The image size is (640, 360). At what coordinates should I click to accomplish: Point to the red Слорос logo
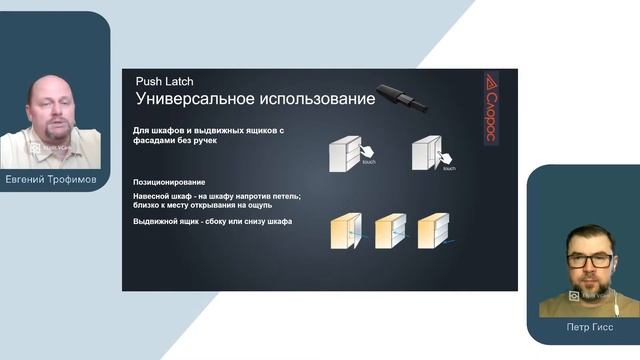(x=491, y=108)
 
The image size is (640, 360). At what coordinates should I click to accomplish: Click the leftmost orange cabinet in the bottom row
(x=347, y=232)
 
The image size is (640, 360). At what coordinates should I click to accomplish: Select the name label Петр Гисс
(x=582, y=327)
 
